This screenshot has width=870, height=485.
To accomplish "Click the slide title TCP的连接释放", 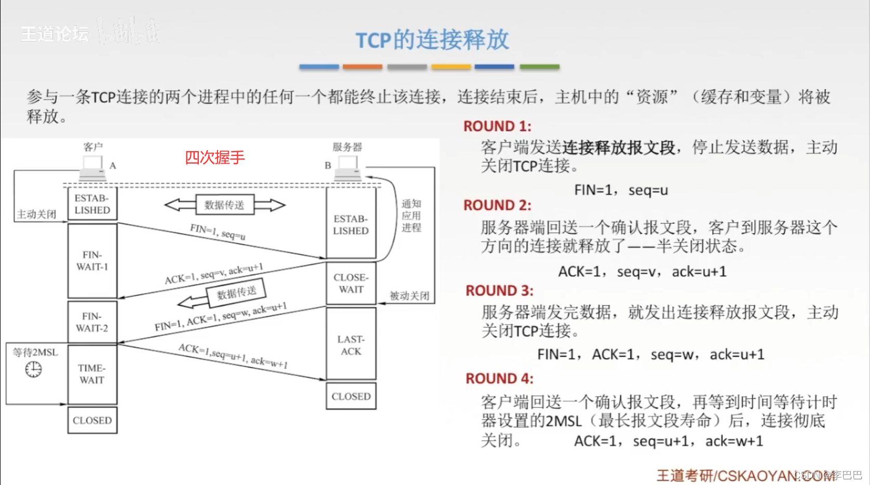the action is click(432, 40).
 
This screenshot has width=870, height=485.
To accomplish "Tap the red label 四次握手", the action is click(214, 157).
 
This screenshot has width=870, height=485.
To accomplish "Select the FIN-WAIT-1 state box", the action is click(92, 261).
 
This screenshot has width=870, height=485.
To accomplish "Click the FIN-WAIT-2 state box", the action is click(92, 322).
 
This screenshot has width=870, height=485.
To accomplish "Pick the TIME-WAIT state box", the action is click(92, 374).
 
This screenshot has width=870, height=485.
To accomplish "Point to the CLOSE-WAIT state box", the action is click(351, 284).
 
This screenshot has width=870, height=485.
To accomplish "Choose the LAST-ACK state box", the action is click(351, 345).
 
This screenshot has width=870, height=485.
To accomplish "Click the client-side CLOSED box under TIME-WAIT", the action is click(92, 420).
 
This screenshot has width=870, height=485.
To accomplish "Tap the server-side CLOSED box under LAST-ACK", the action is click(351, 396).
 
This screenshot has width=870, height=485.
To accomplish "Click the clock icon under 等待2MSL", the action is click(33, 369).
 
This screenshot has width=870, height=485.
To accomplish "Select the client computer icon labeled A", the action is click(93, 168).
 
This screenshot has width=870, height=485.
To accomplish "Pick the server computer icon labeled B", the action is click(348, 168).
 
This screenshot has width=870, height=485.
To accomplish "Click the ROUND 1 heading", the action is click(497, 126).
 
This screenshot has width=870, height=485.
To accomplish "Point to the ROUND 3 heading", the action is click(499, 290).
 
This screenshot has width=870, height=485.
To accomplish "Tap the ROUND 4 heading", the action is click(499, 379).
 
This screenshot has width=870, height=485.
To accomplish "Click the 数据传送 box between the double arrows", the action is click(224, 205).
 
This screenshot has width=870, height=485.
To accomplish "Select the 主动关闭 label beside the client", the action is click(36, 214).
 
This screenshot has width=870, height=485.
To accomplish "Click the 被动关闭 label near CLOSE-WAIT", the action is click(410, 295).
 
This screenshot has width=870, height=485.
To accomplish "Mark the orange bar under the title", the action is click(362, 67).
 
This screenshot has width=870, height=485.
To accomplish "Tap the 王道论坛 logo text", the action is click(55, 34).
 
